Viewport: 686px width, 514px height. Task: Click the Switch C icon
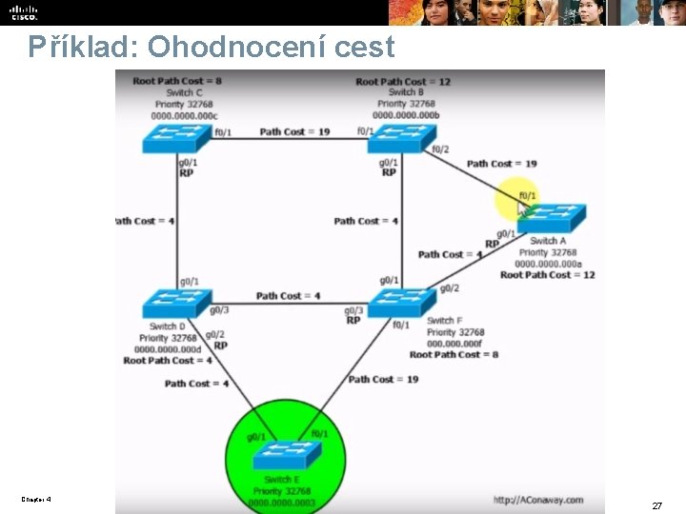[177, 138]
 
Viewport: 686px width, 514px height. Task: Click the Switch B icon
[401, 138]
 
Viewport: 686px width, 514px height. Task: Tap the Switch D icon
[177, 304]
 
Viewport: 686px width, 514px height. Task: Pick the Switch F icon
[401, 303]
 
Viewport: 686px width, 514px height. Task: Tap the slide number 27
[656, 505]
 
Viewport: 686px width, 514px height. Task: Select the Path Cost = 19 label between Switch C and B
[294, 131]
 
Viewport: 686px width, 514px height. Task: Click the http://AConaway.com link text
[538, 499]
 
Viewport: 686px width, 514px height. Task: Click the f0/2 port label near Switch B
[439, 149]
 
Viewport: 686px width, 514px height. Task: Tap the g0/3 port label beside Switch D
[219, 310]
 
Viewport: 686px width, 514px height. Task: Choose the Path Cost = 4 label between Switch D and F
[288, 296]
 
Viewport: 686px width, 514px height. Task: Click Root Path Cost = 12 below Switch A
[547, 275]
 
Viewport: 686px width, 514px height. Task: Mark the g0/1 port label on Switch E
[256, 437]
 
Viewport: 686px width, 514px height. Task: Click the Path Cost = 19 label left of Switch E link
[383, 379]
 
